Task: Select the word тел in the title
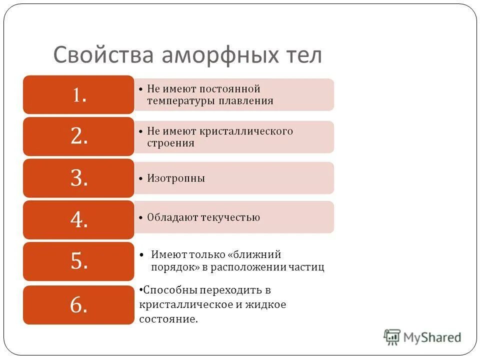[x=303, y=54]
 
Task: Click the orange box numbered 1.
[x=78, y=94]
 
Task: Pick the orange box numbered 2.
[x=78, y=136]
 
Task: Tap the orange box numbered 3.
[x=78, y=178]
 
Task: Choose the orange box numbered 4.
[x=78, y=219]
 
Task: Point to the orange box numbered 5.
[x=78, y=261]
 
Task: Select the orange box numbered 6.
[x=78, y=304]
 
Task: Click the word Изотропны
[x=176, y=178]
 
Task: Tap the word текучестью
[x=230, y=217]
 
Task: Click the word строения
[x=170, y=143]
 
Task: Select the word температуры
[x=179, y=101]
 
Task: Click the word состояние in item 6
[x=168, y=318]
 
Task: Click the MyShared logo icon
[x=392, y=336]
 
